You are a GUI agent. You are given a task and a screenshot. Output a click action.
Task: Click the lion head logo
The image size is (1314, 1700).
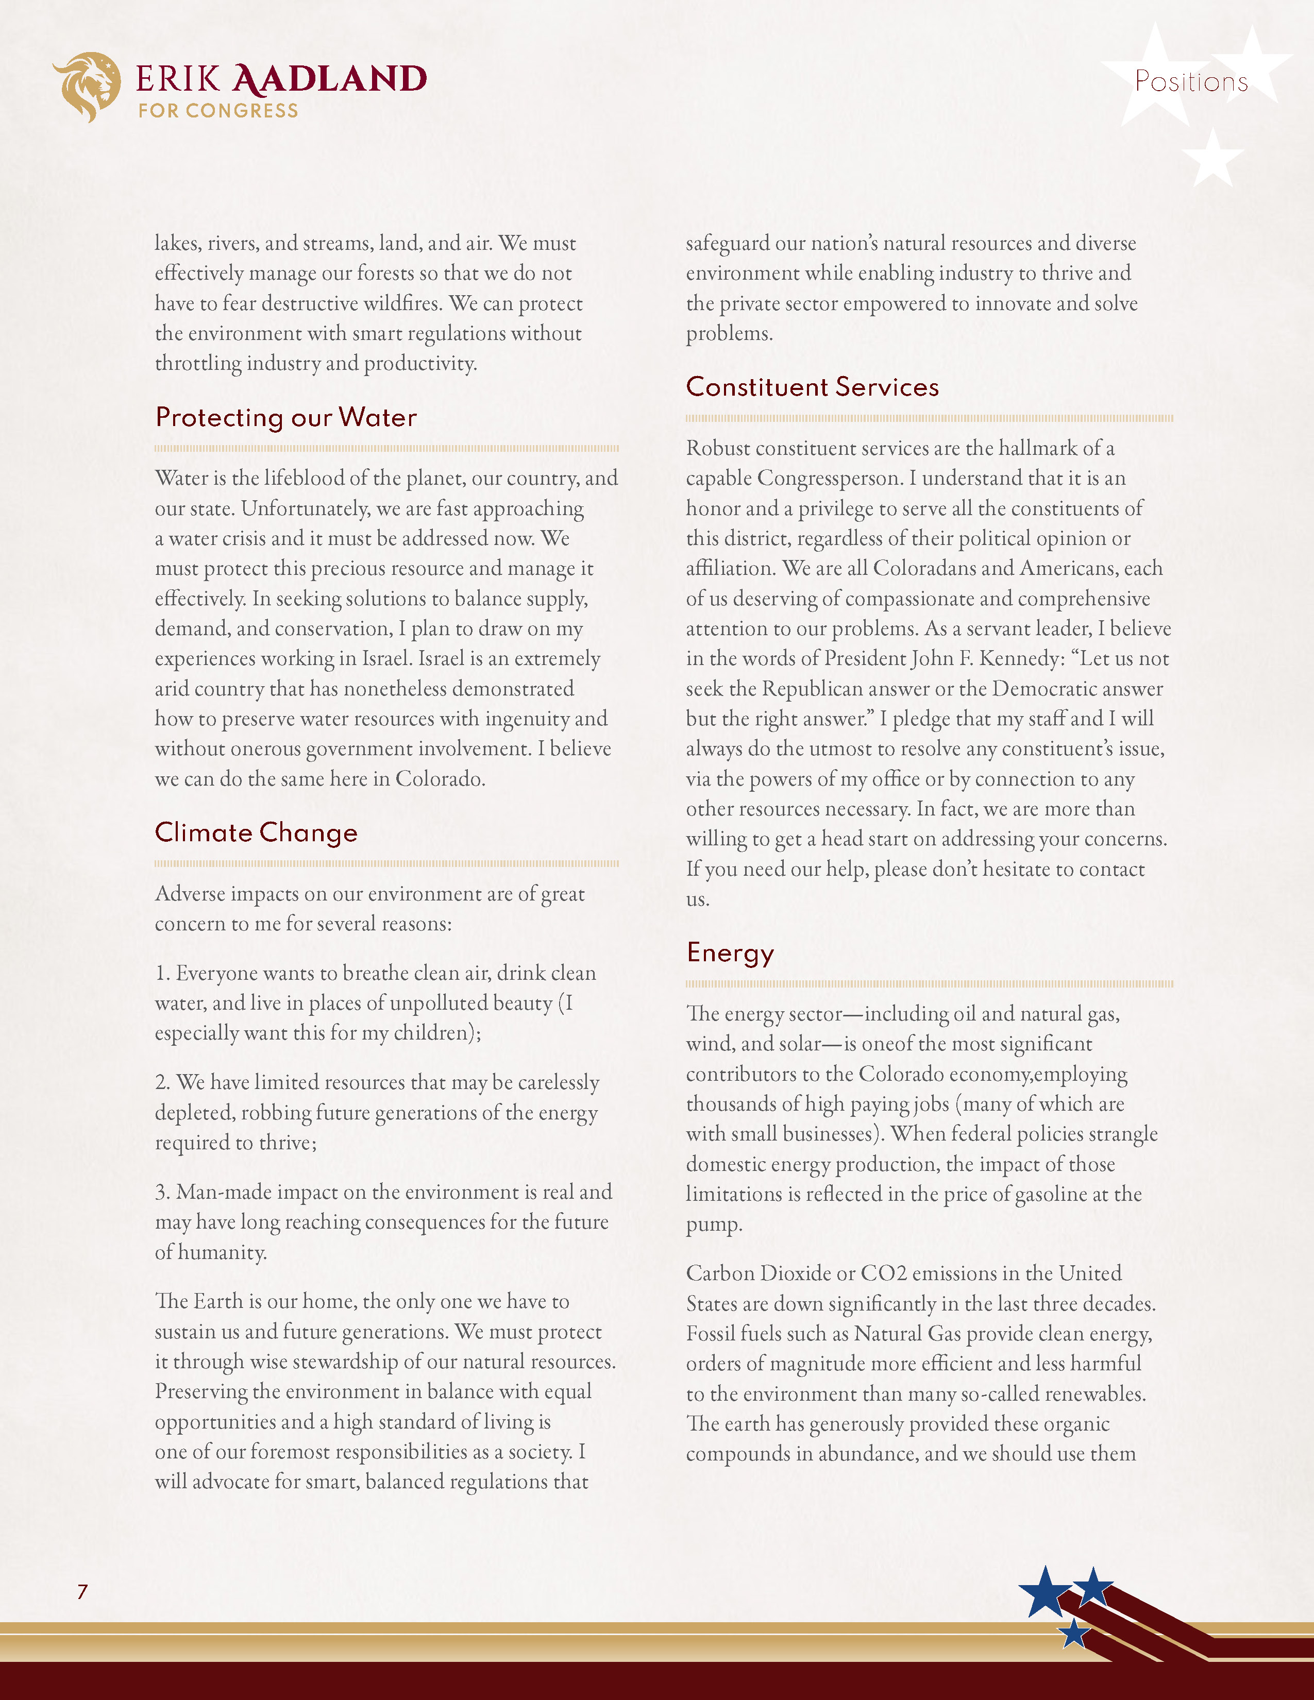[87, 86]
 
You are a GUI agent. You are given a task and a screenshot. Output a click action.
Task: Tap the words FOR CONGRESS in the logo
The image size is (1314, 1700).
[218, 111]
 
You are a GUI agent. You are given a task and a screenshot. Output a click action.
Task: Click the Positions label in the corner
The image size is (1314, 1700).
[1191, 82]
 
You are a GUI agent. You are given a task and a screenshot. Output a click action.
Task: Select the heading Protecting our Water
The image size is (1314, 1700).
[285, 418]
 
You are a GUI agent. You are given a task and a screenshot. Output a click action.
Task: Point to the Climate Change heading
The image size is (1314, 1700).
[256, 833]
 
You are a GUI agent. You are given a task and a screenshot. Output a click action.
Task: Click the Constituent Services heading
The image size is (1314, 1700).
[812, 387]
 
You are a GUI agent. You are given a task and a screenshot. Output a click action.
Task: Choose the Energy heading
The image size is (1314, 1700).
[730, 953]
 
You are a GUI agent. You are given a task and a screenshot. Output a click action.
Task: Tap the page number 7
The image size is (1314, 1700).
[82, 1592]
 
